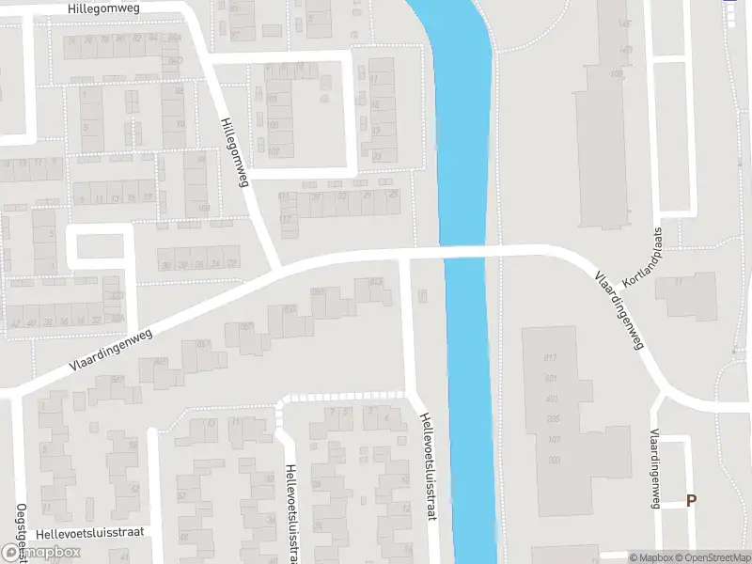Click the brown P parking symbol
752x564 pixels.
pos(692,501)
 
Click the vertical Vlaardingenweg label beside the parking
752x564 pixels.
pos(653,467)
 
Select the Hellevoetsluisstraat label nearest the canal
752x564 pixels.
pos(429,467)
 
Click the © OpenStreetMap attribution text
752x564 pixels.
pos(712,557)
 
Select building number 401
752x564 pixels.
pos(551,399)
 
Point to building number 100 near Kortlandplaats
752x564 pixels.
pos(617,73)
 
